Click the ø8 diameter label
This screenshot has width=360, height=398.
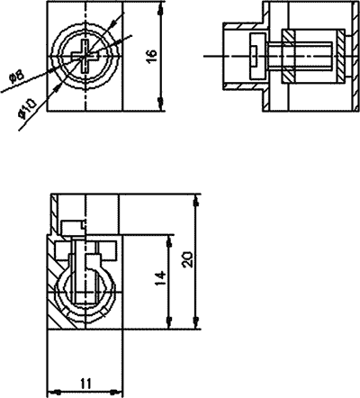point(15,79)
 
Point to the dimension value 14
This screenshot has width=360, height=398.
point(159,280)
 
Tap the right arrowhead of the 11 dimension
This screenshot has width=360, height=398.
point(116,391)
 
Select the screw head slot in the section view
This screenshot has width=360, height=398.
point(256,56)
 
